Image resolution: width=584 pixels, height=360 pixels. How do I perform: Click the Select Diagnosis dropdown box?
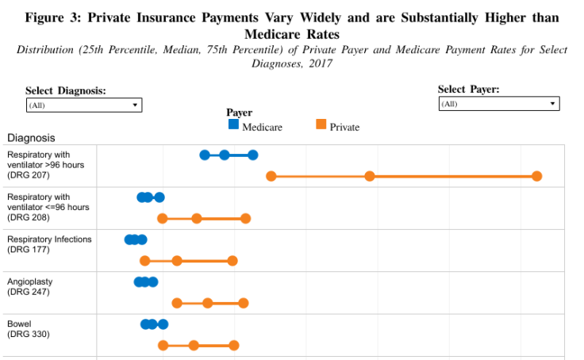pyautogui.click(x=83, y=105)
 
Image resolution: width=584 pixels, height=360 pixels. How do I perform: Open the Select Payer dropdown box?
pyautogui.click(x=499, y=104)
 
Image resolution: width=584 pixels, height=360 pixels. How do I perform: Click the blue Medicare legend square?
pyautogui.click(x=233, y=124)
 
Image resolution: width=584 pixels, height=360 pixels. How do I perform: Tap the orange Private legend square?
pyautogui.click(x=321, y=124)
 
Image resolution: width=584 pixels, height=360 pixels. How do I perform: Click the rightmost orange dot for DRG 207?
pyautogui.click(x=537, y=176)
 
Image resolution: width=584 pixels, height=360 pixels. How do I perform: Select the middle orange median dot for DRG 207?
pyautogui.click(x=370, y=176)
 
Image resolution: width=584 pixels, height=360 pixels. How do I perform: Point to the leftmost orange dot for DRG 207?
pyautogui.click(x=271, y=176)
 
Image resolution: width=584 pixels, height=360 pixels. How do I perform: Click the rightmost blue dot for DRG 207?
pyautogui.click(x=252, y=155)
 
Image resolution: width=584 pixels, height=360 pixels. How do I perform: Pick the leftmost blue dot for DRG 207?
pyautogui.click(x=205, y=155)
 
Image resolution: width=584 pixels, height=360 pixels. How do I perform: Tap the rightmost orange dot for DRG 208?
pyautogui.click(x=246, y=218)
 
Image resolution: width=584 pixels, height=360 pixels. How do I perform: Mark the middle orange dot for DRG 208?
pyautogui.click(x=197, y=218)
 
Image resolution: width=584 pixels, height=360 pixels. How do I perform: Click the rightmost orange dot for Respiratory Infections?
pyautogui.click(x=232, y=260)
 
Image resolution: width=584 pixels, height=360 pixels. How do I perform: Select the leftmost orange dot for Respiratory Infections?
pyautogui.click(x=144, y=260)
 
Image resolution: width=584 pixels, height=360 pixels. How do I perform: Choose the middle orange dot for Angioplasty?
pyautogui.click(x=207, y=303)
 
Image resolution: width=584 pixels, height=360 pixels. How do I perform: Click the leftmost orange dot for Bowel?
pyautogui.click(x=163, y=345)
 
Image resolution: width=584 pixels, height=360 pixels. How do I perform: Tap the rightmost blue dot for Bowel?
pyautogui.click(x=163, y=324)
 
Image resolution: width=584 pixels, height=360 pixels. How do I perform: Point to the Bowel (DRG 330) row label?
pyautogui.click(x=28, y=329)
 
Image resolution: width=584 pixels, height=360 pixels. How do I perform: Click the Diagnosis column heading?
pyautogui.click(x=31, y=137)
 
